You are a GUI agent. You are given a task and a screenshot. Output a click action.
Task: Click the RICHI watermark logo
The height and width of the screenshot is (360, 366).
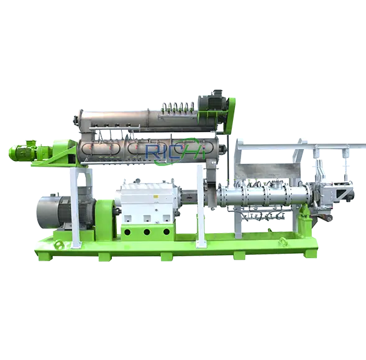tap(175, 151)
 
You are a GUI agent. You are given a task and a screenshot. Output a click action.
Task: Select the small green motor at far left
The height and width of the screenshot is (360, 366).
tap(22, 151)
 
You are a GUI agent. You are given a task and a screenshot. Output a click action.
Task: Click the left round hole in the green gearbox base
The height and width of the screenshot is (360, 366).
tap(127, 232)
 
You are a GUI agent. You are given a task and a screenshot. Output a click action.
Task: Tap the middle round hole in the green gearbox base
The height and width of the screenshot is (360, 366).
tap(147, 232)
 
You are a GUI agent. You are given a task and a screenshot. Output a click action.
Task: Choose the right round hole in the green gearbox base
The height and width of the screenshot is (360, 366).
tap(167, 232)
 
